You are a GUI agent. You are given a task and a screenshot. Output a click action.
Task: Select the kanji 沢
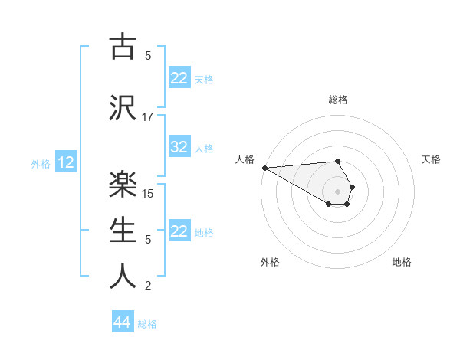123,107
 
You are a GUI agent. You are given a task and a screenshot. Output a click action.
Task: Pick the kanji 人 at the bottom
123,276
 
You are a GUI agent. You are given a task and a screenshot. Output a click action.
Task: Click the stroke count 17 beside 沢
148,117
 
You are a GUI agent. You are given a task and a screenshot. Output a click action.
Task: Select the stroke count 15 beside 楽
149,194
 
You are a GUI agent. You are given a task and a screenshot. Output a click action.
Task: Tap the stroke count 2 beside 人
148,286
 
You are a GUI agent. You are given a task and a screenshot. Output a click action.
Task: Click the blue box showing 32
179,148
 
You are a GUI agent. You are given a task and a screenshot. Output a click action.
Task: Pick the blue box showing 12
66,162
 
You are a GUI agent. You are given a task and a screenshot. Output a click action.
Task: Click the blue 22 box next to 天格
179,78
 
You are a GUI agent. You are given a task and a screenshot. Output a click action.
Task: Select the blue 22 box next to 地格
179,232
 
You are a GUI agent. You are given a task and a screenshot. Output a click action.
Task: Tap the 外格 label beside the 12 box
41,163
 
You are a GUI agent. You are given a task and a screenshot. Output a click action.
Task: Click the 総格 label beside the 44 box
147,324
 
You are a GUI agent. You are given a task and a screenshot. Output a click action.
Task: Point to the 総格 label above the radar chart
338,100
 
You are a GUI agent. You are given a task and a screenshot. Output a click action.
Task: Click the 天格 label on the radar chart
432,159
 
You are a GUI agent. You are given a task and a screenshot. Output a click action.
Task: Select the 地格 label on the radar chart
402,262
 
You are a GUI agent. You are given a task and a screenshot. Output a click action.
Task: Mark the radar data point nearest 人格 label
264,168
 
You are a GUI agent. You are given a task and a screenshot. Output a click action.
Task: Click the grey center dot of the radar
338,191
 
